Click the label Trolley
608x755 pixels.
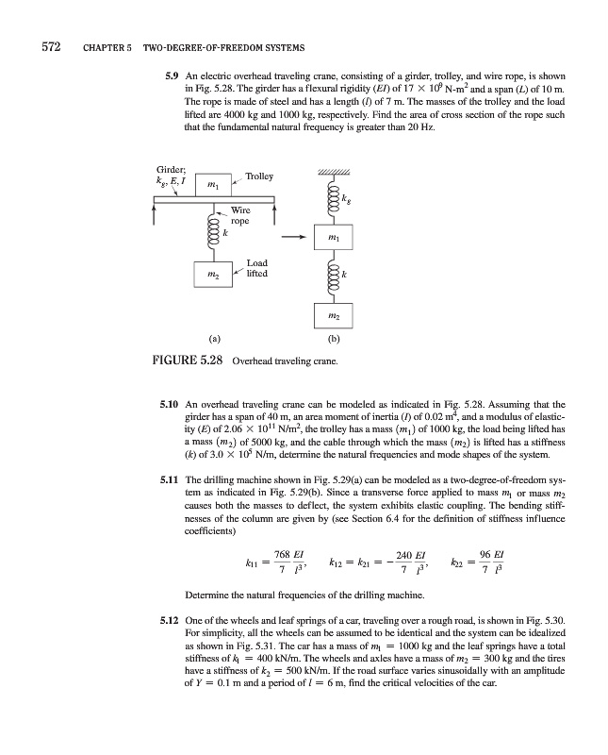coord(258,176)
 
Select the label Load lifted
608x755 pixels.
coord(256,268)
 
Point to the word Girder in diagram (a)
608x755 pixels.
coord(171,161)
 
